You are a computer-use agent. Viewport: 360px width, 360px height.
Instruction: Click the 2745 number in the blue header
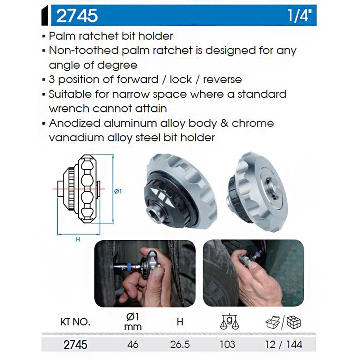click(77, 16)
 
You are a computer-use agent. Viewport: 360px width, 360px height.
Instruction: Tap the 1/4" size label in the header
click(300, 15)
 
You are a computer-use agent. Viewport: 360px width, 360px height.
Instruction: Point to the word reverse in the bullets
click(222, 80)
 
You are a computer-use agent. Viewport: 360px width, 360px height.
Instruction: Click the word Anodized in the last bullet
click(74, 123)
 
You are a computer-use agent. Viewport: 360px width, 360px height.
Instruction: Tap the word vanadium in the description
click(76, 138)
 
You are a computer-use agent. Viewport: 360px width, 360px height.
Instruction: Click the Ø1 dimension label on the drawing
click(118, 191)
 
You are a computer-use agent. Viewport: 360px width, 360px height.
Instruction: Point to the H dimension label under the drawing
click(78, 239)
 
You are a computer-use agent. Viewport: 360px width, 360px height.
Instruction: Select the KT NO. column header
click(75, 322)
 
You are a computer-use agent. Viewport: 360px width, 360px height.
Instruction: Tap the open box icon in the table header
click(273, 322)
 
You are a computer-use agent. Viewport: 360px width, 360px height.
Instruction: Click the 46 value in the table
click(133, 344)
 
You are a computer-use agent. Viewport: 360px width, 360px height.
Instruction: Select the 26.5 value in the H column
click(180, 344)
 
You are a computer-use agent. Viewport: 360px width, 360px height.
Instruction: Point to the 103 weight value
click(228, 344)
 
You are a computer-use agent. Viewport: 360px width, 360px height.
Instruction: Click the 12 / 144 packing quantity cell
click(284, 344)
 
